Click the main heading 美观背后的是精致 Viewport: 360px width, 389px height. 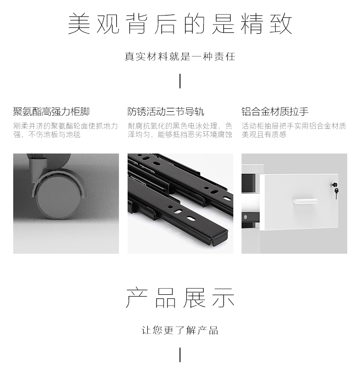coord(180,24)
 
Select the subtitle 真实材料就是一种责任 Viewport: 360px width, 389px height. coord(180,56)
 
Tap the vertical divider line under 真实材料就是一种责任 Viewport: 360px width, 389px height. coord(180,81)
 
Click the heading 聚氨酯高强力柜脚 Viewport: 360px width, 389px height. coord(51,112)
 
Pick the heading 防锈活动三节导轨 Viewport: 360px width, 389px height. coord(166,112)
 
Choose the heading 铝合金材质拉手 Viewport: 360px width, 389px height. coord(275,112)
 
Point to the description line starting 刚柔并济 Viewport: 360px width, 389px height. coord(66,126)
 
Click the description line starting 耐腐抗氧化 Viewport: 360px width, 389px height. coord(180,126)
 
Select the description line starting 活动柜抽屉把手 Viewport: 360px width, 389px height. coord(294,126)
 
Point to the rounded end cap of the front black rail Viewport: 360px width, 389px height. coord(220,236)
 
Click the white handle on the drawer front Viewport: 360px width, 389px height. coord(305,201)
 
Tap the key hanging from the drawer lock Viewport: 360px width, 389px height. coord(336,194)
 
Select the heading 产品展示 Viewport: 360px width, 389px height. coord(180,298)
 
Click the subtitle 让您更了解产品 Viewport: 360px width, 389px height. coord(180,330)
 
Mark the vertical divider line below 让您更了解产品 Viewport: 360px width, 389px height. coord(180,355)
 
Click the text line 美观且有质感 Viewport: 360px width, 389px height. coord(264,134)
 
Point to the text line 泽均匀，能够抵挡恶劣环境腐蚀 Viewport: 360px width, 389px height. coord(180,134)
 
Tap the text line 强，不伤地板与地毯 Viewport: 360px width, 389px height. coord(47,134)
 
